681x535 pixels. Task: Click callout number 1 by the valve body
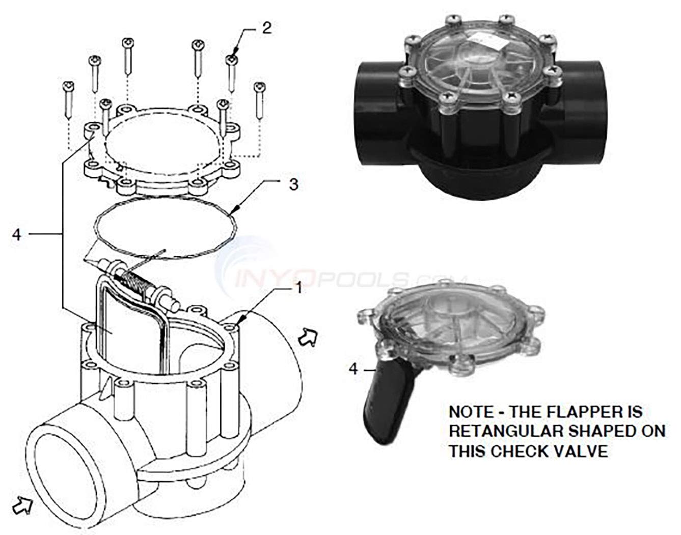coord(298,289)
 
